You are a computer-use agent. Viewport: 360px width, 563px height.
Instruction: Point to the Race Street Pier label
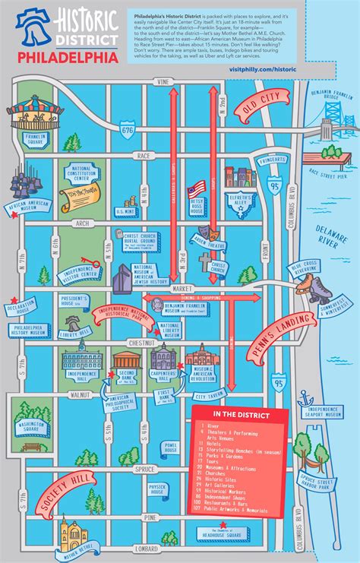tap(330, 172)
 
